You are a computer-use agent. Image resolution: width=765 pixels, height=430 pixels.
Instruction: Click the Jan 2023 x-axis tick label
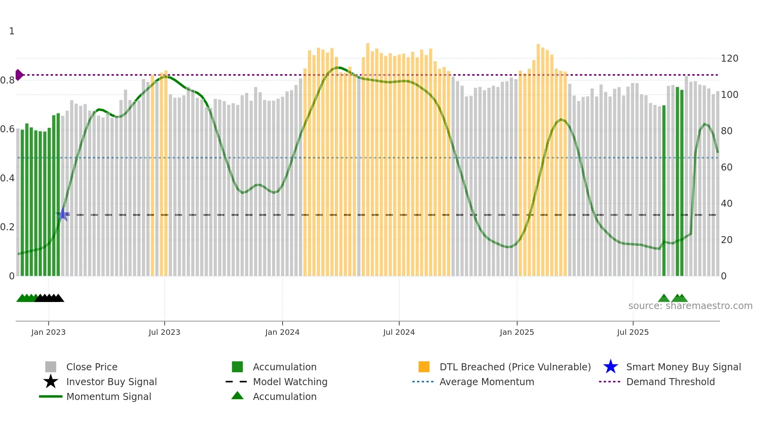(48, 332)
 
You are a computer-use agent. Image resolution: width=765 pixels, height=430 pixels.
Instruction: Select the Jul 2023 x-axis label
(164, 332)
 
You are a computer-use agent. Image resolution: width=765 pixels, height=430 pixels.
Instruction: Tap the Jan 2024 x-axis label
(282, 332)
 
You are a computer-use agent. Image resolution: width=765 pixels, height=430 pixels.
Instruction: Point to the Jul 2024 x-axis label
(399, 332)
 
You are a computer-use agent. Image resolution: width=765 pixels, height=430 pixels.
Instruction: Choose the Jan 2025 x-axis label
(517, 332)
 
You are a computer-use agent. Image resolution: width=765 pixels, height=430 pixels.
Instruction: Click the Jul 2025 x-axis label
(633, 332)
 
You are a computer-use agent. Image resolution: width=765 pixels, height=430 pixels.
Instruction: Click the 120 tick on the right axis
(729, 59)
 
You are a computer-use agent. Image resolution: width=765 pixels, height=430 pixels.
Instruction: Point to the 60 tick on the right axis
(727, 167)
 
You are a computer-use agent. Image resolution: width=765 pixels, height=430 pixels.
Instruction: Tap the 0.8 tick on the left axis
(7, 80)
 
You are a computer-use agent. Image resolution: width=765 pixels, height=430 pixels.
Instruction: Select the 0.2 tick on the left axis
(7, 227)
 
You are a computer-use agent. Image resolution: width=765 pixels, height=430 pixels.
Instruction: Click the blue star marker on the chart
(63, 214)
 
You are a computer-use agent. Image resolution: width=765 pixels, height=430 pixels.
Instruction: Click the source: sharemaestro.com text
(690, 306)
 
